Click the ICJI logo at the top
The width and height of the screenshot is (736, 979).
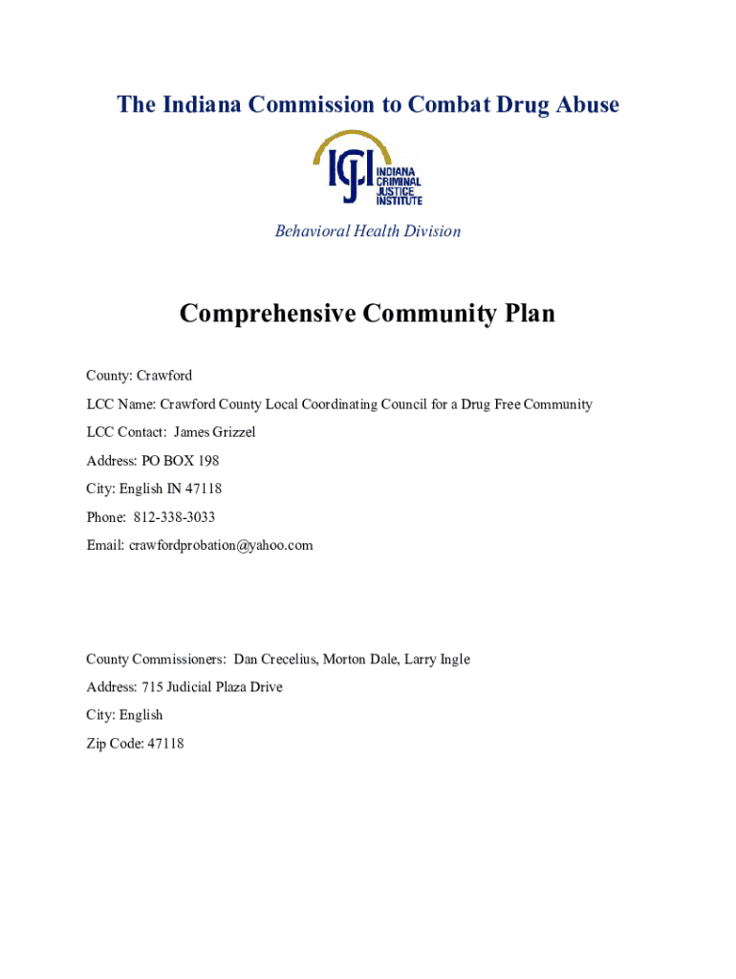pos(368,169)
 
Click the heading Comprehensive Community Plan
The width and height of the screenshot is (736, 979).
pos(367,314)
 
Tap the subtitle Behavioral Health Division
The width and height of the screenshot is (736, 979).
pos(368,231)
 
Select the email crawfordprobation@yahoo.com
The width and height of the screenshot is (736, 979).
pos(221,545)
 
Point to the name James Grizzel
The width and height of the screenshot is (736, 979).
pos(214,432)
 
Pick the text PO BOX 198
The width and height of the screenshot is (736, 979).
pos(180,461)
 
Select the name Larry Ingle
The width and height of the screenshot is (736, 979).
pos(437,659)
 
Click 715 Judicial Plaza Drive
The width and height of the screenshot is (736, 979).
pos(212,686)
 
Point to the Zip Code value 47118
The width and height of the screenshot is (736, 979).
pos(165,743)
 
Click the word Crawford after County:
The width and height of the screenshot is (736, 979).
pos(163,376)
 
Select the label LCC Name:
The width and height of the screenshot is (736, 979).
pos(120,404)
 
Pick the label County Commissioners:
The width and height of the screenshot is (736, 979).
pos(157,659)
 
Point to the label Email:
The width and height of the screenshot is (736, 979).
pos(105,545)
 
